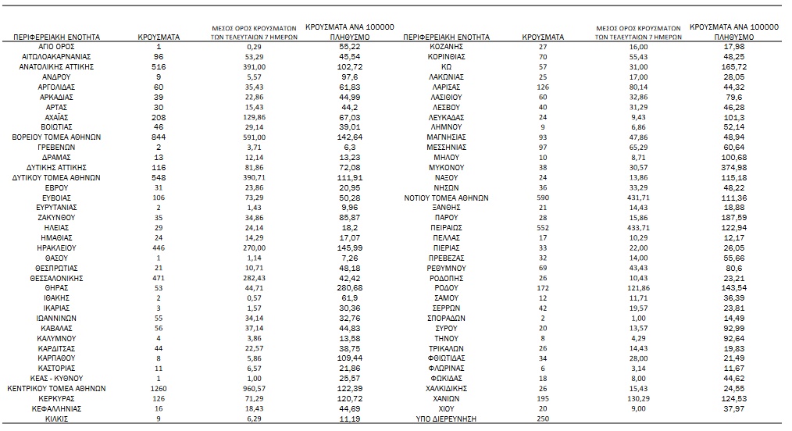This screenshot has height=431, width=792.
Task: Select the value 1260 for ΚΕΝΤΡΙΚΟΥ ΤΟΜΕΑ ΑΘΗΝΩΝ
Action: pos(159,388)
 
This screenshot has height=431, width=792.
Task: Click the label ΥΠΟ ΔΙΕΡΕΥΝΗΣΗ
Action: pos(447,419)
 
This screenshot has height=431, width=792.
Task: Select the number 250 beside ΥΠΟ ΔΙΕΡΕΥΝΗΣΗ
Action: pos(544,419)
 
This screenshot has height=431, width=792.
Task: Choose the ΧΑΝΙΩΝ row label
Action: pos(447,398)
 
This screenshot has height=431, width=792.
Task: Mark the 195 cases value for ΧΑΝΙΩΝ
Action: pos(544,398)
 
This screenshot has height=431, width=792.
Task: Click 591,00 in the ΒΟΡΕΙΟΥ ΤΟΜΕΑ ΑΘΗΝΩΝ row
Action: pos(254,137)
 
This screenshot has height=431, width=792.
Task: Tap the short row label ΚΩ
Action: pos(447,67)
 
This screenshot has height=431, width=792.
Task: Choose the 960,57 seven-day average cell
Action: pos(254,388)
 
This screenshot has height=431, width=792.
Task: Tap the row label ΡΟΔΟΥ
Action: pos(447,288)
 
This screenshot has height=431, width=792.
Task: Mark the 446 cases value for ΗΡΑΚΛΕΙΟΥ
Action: pos(159,248)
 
